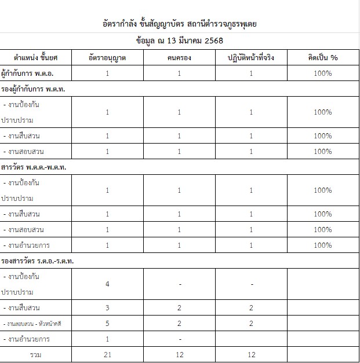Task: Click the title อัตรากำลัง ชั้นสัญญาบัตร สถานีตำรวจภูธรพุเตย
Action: point(180,24)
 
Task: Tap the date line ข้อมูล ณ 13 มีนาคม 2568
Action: point(180,41)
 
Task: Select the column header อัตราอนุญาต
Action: point(108,58)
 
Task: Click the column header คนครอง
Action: point(180,58)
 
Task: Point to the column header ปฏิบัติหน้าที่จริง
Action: point(251,58)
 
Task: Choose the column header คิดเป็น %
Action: point(323,58)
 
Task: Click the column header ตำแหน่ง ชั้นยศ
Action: point(36,58)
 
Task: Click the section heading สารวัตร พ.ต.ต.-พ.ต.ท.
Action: point(34,167)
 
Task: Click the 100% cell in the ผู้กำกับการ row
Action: point(323,74)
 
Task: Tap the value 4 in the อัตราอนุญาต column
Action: point(108,284)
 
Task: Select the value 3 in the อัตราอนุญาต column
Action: point(108,307)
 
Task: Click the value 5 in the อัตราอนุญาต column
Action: point(108,323)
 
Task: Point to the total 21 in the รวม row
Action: point(108,354)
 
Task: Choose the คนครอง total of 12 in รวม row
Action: point(180,354)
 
